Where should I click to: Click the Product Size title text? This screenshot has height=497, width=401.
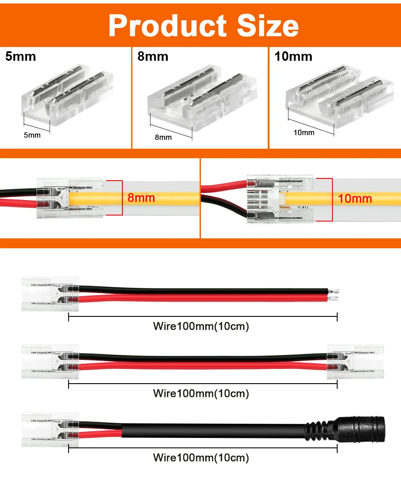(x=203, y=25)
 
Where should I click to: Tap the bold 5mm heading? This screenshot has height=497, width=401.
(x=21, y=56)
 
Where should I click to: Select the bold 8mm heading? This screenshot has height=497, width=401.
(x=153, y=56)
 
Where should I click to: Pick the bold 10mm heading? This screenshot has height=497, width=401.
(x=293, y=56)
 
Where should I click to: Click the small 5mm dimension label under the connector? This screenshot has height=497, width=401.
(x=32, y=135)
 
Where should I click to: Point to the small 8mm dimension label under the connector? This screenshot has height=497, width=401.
(x=163, y=137)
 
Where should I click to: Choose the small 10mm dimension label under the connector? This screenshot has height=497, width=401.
(x=304, y=132)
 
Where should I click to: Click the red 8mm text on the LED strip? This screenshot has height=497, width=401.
(x=141, y=198)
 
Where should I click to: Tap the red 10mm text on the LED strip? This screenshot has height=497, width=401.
(x=355, y=198)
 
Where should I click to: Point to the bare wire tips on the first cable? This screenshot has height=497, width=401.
(x=335, y=294)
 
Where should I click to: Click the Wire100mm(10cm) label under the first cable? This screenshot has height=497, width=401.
(x=201, y=326)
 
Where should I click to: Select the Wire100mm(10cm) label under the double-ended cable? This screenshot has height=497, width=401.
(x=201, y=393)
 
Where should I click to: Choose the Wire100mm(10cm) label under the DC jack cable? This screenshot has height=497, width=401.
(x=201, y=457)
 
